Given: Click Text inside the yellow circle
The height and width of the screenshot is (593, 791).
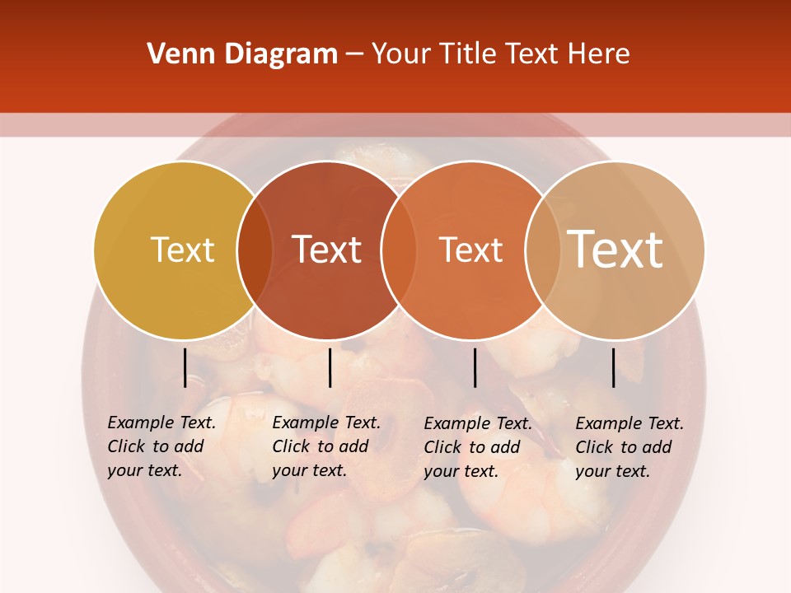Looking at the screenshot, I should pos(182,250).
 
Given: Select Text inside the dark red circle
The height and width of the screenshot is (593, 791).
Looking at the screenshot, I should pos(326,250).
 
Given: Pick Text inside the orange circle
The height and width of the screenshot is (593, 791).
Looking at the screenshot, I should pos(470,250).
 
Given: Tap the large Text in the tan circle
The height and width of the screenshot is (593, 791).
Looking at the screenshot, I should pos(615,250).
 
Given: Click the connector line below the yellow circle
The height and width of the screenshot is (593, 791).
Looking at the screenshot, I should pos(185,367).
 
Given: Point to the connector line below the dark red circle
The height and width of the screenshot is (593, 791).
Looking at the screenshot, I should pos(330,367).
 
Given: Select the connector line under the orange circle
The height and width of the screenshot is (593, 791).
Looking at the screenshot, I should pos(475,367).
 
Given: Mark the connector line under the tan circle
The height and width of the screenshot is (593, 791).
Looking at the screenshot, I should pos(613,367).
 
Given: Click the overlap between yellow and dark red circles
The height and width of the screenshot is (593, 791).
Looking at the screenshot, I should pos(255,250).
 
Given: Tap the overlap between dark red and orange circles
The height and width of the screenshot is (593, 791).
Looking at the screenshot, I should pos(398,250).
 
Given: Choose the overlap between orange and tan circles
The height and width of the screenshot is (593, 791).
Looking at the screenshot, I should pos(541,250).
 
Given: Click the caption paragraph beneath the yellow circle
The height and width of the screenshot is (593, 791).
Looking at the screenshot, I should pos(161,446).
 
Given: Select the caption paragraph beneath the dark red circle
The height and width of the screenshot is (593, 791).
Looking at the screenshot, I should pos(326,446).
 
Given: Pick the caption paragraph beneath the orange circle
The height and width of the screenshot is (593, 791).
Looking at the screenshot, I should pos(478,447).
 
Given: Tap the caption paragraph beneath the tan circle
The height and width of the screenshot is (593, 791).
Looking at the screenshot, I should pos(630,447).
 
